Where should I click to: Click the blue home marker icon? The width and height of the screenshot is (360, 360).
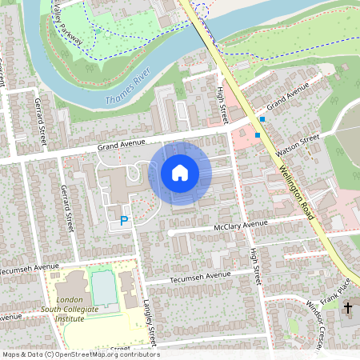click(180, 173)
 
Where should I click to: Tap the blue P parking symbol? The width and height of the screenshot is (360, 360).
click(124, 220)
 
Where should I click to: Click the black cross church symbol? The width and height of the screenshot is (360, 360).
click(348, 307)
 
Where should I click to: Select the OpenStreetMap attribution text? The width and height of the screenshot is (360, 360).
click(80, 354)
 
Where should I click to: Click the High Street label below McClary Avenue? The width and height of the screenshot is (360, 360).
click(255, 265)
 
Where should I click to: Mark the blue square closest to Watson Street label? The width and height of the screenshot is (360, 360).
click(258, 135)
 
